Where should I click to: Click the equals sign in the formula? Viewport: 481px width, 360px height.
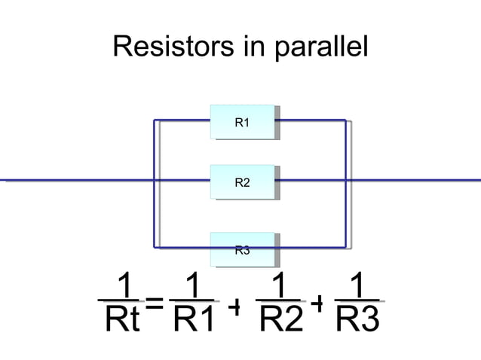[x=155, y=304]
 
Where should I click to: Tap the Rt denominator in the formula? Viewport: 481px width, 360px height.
[x=123, y=322]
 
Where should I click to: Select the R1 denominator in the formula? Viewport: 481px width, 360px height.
[x=194, y=322]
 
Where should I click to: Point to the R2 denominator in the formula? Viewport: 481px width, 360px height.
[x=280, y=322]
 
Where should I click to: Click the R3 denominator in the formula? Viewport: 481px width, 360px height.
[x=358, y=322]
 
